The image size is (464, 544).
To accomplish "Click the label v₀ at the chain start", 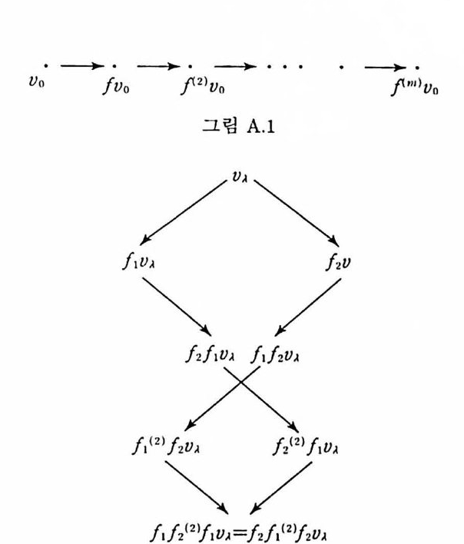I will click(x=36, y=82).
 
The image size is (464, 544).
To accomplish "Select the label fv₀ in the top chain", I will click(x=115, y=85).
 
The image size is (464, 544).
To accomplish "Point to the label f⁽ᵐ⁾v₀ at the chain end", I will click(x=416, y=85).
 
